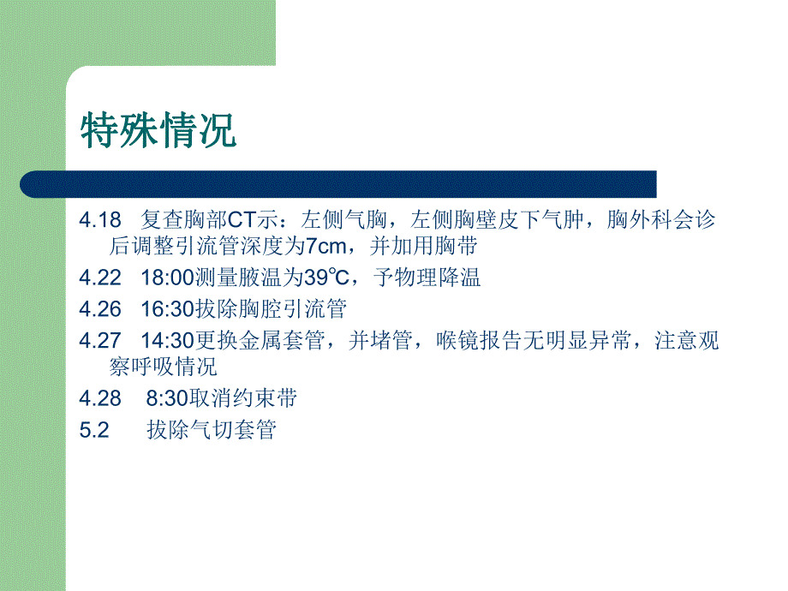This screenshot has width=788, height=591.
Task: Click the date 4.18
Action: coord(99,220)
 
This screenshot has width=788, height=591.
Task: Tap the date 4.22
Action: coord(99,278)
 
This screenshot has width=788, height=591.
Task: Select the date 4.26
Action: coord(99,308)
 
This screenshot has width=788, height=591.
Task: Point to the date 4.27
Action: coord(99,340)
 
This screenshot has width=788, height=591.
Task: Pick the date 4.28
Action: coord(99,398)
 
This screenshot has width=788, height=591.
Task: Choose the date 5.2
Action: coord(93,430)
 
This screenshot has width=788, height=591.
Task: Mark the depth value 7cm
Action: coord(329,247)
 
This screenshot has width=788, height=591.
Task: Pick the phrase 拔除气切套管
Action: coord(211,430)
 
